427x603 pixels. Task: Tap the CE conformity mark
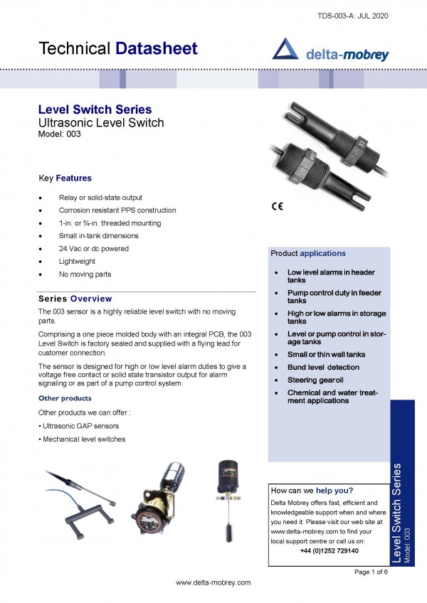pos(278,206)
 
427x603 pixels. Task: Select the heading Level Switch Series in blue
pos(95,110)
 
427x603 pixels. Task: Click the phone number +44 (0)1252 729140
pos(329,550)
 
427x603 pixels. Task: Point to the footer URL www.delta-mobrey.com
pos(213,582)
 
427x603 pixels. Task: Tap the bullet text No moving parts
pos(85,274)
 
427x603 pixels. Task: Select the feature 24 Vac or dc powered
pos(94,249)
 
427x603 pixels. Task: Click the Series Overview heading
pos(75,299)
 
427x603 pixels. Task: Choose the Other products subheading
pos(64,398)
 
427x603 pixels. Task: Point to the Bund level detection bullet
pos(323,368)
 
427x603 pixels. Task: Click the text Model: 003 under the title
pos(60,134)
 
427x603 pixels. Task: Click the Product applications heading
pos(308,253)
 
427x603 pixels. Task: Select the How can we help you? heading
pos(312,490)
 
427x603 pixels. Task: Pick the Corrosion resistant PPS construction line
pos(117,210)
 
